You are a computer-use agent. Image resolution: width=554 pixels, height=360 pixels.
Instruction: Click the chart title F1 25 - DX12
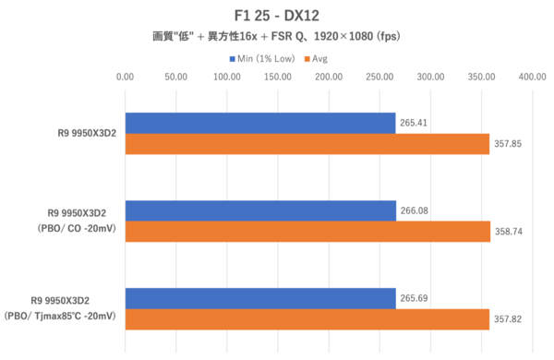pyautogui.click(x=277, y=16)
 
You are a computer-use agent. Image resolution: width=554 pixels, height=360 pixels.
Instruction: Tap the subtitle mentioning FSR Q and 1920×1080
pyautogui.click(x=276, y=36)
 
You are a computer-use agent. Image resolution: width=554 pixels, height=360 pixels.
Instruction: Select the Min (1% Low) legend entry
pyautogui.click(x=262, y=59)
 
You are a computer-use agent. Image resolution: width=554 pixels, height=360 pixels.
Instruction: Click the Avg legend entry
pyautogui.click(x=316, y=59)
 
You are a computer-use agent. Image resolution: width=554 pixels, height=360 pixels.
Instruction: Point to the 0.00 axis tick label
pyautogui.click(x=125, y=77)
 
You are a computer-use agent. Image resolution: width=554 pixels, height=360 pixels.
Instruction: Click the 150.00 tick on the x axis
pyautogui.click(x=278, y=77)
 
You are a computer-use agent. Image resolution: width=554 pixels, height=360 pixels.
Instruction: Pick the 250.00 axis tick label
pyautogui.click(x=379, y=77)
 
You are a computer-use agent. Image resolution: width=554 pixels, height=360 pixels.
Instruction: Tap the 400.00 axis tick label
pyautogui.click(x=532, y=77)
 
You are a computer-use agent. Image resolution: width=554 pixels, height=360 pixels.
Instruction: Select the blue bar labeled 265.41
pyautogui.click(x=260, y=124)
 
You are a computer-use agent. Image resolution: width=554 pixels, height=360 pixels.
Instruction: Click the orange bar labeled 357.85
pyautogui.click(x=307, y=144)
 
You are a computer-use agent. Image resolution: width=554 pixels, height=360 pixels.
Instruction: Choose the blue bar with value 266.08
pyautogui.click(x=260, y=210)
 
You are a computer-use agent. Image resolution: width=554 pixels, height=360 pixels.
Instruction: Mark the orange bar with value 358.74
pyautogui.click(x=307, y=232)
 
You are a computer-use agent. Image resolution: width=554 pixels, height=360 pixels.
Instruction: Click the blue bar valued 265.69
pyautogui.click(x=260, y=298)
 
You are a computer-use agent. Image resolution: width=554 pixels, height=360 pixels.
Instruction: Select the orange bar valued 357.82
pyautogui.click(x=307, y=319)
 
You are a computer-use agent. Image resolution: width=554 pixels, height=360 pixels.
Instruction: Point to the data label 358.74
pyautogui.click(x=509, y=232)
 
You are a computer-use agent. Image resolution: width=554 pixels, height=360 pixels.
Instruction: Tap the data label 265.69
pyautogui.click(x=414, y=298)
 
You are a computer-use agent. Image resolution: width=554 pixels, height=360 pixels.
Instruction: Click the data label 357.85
pyautogui.click(x=508, y=144)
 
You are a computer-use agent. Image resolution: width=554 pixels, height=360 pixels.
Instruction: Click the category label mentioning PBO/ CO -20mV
pyautogui.click(x=77, y=221)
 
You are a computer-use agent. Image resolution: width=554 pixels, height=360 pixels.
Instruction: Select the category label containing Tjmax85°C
pyautogui.click(x=60, y=308)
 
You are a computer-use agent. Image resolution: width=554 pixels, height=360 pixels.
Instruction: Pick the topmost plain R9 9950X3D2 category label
pyautogui.click(x=87, y=133)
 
